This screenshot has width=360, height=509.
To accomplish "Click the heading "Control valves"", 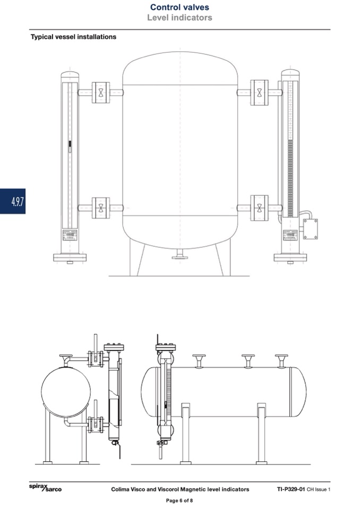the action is click(x=179, y=7).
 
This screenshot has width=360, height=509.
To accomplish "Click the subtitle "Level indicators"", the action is click(x=179, y=18).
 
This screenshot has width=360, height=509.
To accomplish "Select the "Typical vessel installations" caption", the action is click(x=73, y=37).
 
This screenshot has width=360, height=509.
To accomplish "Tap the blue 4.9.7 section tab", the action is click(x=13, y=201).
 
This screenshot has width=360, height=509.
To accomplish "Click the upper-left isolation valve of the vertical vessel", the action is click(x=101, y=92).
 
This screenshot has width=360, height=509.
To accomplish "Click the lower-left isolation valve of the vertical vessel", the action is click(x=101, y=208).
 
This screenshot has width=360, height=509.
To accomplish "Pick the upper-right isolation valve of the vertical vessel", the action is click(x=259, y=92).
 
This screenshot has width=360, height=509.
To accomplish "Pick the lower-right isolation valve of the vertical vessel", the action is click(x=259, y=208).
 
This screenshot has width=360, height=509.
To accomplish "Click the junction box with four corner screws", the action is click(x=310, y=229).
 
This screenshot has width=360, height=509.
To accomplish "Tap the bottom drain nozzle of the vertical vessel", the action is click(x=180, y=254).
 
